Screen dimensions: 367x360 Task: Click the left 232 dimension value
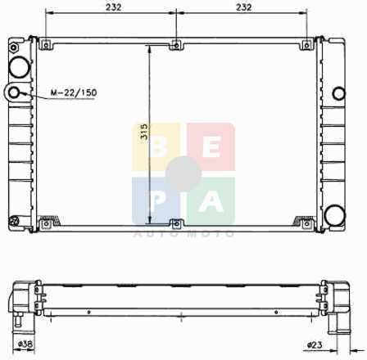[114, 7]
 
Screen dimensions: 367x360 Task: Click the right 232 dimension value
[244, 7]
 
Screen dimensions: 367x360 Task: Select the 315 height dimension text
[144, 132]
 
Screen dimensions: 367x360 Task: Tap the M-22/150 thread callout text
[74, 92]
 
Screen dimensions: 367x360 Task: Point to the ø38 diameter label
[25, 344]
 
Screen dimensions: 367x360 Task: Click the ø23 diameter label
[315, 345]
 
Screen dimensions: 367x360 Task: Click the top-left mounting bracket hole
[46, 45]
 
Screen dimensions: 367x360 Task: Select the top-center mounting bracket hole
[176, 45]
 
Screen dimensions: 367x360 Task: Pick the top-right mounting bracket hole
[306, 45]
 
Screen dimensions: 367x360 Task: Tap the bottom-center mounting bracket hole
[176, 224]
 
